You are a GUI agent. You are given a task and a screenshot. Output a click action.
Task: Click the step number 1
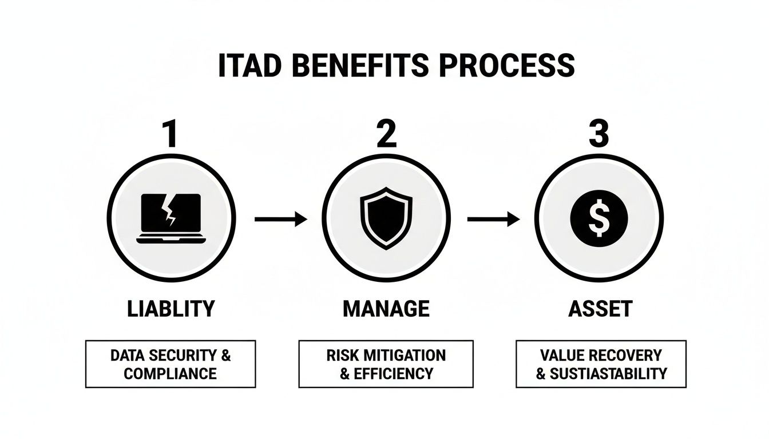pyautogui.click(x=170, y=135)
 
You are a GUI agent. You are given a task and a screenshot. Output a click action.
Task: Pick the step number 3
pyautogui.click(x=598, y=135)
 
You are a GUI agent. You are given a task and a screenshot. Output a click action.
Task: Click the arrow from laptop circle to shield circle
pyautogui.click(x=280, y=219)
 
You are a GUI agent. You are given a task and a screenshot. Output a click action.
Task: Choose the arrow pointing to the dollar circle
pyautogui.click(x=493, y=219)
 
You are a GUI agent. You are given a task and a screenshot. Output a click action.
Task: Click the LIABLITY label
pyautogui.click(x=170, y=309)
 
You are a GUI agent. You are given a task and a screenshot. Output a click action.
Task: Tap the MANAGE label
pyautogui.click(x=386, y=309)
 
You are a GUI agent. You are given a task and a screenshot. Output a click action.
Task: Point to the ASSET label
pyautogui.click(x=600, y=309)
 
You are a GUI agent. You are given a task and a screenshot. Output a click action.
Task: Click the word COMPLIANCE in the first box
pyautogui.click(x=171, y=374)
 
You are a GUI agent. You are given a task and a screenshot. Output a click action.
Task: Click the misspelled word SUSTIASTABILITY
pyautogui.click(x=608, y=374)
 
